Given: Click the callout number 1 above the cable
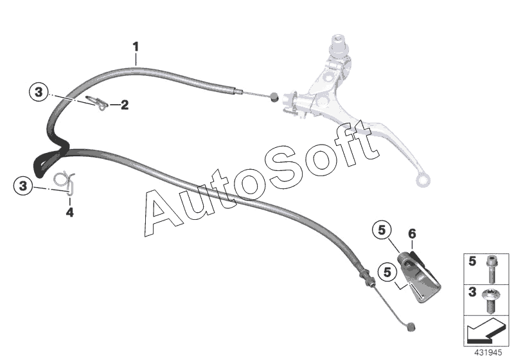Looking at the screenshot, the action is click(136, 46).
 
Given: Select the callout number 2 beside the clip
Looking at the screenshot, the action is click(124, 104).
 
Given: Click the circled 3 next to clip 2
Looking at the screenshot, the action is click(39, 93).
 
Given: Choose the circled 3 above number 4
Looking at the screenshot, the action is click(24, 186).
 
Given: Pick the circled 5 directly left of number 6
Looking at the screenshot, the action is click(381, 230).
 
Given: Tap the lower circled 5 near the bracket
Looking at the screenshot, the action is click(389, 271).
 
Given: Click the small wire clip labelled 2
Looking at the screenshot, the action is click(96, 102).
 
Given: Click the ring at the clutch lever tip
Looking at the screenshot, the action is click(421, 180).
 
